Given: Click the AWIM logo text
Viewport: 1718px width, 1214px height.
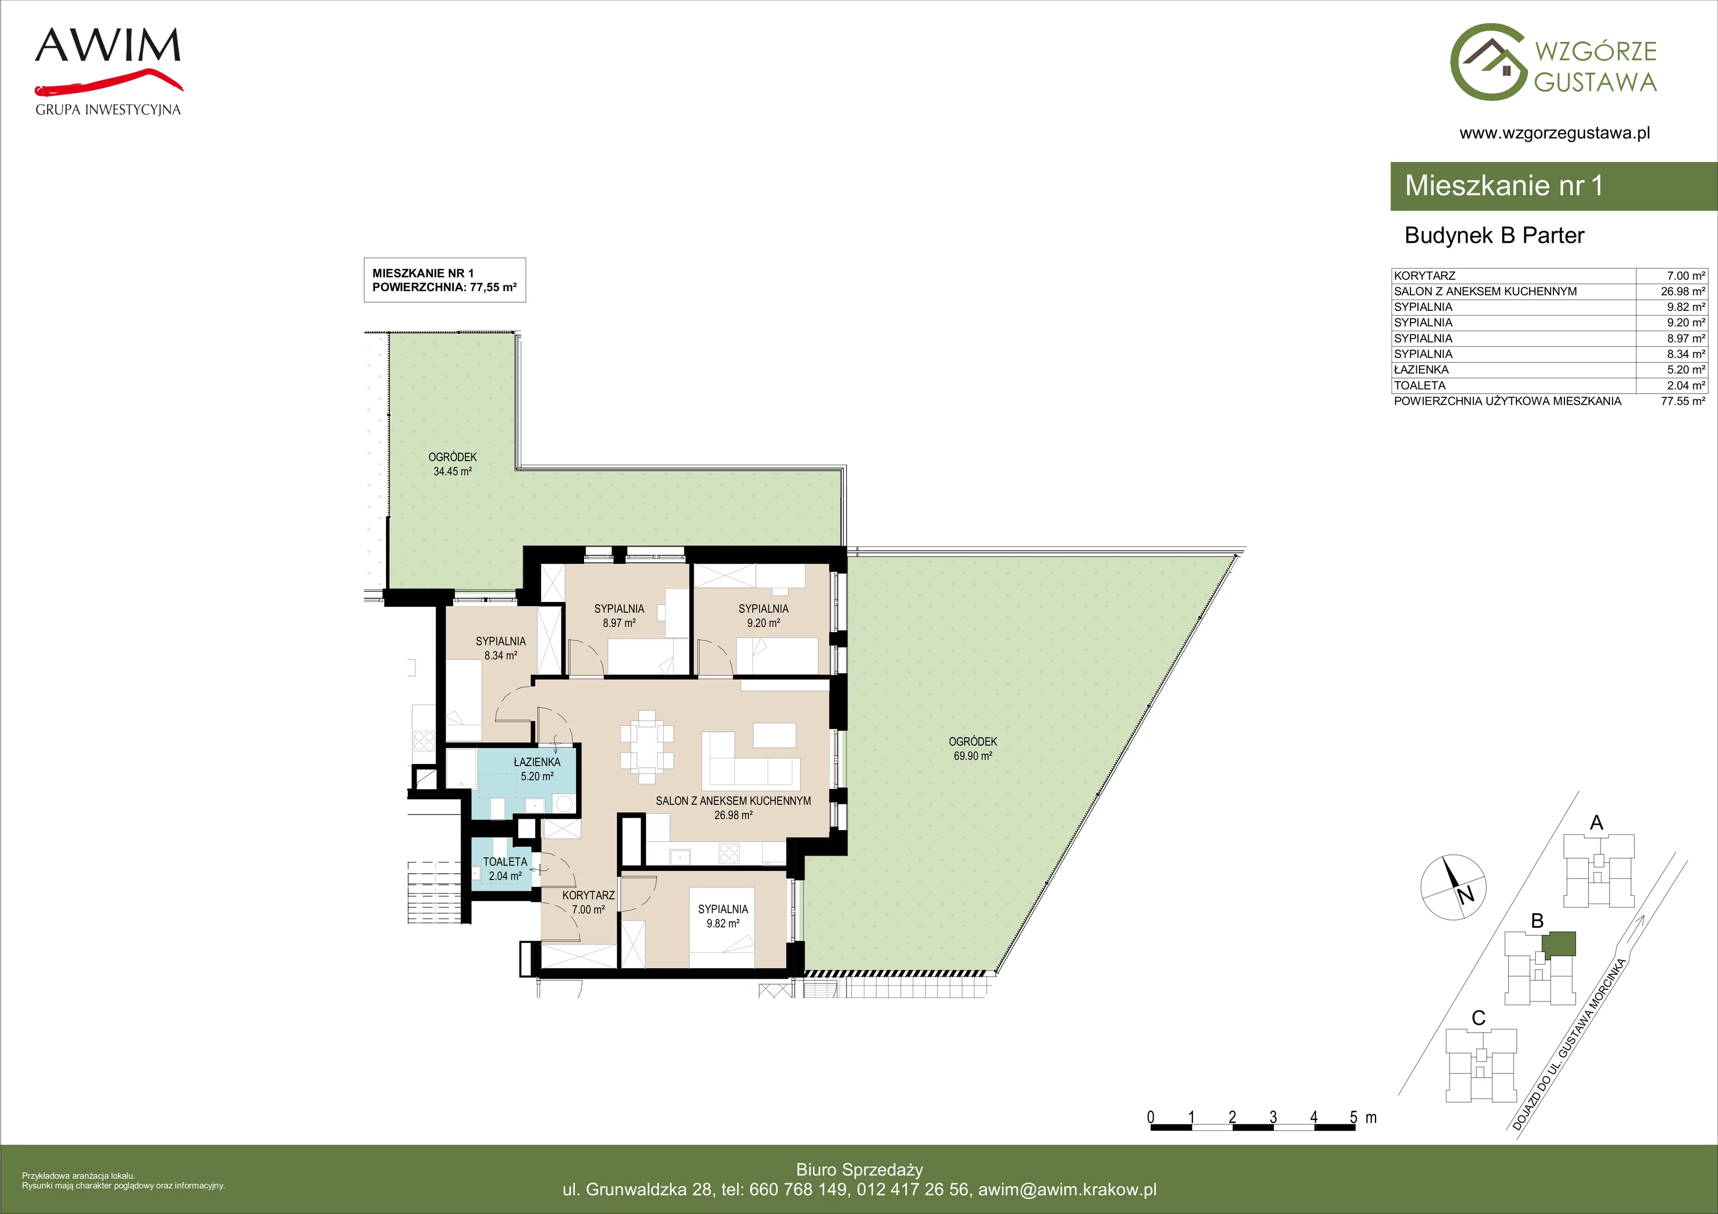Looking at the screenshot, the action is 108,45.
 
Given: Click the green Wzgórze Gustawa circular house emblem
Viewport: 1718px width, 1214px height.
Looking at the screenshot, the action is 1488,62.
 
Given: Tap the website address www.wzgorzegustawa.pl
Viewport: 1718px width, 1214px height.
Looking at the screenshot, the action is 1554,133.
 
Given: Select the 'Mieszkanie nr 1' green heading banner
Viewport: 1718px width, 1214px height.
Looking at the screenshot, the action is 1553,186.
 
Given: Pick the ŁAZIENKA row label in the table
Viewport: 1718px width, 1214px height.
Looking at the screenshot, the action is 1421,370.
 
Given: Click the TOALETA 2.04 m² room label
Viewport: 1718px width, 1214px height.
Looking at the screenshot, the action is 505,869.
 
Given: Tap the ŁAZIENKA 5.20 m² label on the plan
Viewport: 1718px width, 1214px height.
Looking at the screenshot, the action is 537,769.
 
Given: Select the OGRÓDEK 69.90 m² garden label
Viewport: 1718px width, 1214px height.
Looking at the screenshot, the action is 973,748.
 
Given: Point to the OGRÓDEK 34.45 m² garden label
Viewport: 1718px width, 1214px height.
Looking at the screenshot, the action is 452,464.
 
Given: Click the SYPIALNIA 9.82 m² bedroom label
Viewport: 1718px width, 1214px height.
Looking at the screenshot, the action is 723,916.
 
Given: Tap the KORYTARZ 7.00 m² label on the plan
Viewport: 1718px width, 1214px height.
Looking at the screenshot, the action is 588,902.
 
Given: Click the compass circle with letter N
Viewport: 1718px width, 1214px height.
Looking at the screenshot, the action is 1452,887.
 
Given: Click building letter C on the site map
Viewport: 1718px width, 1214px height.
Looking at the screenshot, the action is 1479,1018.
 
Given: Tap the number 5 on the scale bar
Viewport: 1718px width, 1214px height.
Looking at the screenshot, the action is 1353,1117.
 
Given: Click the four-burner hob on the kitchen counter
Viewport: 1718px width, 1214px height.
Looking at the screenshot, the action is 729,853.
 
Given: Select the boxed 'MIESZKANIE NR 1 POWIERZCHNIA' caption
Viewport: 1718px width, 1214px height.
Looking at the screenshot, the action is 445,280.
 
